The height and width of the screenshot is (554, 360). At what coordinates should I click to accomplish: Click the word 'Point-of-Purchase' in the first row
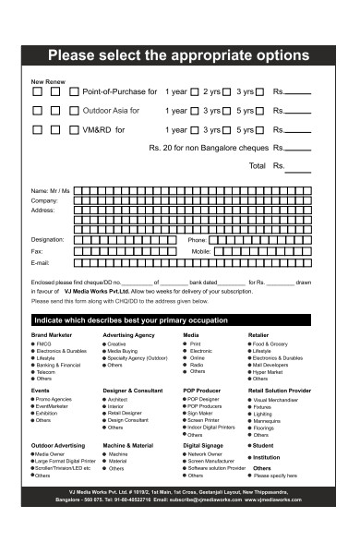point(120,93)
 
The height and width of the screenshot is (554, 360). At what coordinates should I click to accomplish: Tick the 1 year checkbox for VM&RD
point(194,129)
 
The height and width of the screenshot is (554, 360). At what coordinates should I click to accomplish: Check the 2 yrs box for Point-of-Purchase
point(195,93)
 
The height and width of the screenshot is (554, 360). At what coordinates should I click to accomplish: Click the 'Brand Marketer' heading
point(53,334)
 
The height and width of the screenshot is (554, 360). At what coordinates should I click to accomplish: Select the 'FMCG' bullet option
point(43,344)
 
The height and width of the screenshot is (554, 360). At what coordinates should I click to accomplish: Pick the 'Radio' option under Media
point(196,365)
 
